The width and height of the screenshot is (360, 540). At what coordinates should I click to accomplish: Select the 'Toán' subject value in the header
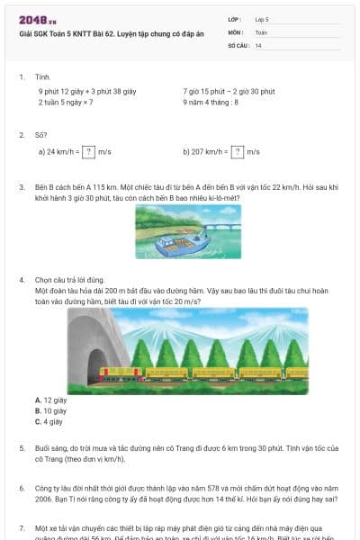point(261,31)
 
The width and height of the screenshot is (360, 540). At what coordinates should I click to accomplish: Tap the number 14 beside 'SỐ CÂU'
point(259,45)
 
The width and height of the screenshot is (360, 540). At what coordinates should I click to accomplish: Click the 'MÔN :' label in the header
point(237,31)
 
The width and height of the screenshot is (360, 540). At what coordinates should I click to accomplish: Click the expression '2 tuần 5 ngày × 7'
point(66,103)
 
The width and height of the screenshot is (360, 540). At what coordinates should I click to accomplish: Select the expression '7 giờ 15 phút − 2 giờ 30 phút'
point(222,92)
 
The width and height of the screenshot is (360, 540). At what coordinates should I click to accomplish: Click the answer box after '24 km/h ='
point(88,151)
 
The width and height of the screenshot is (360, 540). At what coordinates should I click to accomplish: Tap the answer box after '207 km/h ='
point(238,151)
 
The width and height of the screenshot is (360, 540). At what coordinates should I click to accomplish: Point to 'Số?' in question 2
point(41,135)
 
